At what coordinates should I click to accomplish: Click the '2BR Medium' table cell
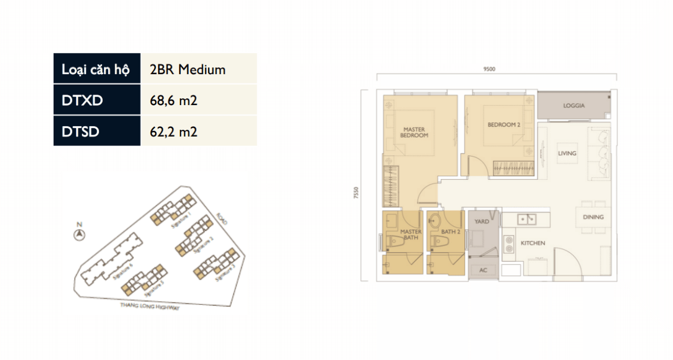[188, 69]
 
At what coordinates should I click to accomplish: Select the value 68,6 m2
[174, 100]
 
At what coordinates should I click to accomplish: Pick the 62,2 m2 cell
[174, 131]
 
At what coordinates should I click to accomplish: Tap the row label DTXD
[82, 100]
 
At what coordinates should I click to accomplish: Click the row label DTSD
[80, 131]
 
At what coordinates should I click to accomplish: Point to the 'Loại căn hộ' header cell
[96, 69]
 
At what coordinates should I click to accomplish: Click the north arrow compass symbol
[79, 234]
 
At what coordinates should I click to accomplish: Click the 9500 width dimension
[489, 68]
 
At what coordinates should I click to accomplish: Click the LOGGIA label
[574, 106]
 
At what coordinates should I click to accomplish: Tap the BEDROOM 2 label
[504, 125]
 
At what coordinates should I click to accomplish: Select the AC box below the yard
[483, 270]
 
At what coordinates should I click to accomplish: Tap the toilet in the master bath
[391, 241]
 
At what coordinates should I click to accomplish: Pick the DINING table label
[593, 217]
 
